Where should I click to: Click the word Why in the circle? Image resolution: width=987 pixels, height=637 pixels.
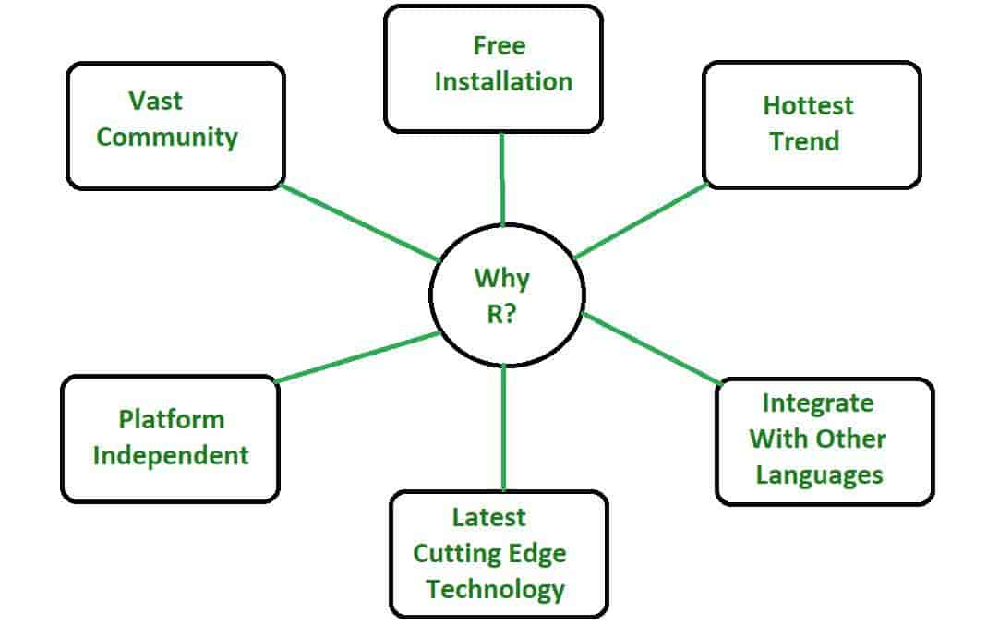pos(502,278)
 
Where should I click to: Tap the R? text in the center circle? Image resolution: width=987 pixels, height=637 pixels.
pos(502,314)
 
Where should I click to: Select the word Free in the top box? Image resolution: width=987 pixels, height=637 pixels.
pos(500,45)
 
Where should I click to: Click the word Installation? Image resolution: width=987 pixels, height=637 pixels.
pos(503,81)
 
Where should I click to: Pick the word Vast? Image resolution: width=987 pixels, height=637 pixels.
pos(156,100)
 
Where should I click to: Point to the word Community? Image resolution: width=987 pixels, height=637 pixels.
pos(167,138)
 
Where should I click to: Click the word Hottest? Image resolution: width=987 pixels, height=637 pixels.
pos(809,105)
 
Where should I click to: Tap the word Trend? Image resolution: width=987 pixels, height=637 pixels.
pos(805,141)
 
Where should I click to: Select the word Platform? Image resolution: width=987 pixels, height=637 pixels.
pos(171,420)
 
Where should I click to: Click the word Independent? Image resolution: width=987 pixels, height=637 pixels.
pos(171,455)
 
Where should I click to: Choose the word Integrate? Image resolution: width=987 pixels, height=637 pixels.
pos(817,403)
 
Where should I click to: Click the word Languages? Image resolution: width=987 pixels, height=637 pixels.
pos(819,475)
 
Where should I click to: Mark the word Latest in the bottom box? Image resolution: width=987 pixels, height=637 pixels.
pos(488,517)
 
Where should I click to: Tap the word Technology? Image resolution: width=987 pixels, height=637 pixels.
pos(495,588)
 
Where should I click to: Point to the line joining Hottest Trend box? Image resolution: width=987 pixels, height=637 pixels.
pos(640,221)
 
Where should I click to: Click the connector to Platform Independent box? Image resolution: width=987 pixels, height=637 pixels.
pos(358,356)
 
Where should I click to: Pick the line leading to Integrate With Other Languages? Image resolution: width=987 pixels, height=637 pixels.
pos(651,348)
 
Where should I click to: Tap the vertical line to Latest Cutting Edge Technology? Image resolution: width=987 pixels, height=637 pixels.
pos(503,427)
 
